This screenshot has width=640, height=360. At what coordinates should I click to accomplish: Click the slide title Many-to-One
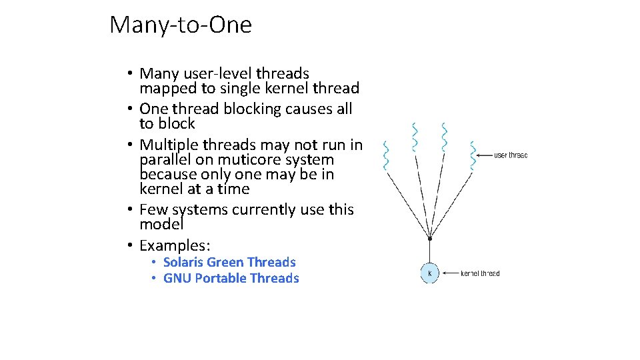pyautogui.click(x=181, y=25)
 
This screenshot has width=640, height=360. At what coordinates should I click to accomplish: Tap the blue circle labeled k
pyautogui.click(x=430, y=273)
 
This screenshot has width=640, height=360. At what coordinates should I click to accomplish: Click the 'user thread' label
pyautogui.click(x=511, y=155)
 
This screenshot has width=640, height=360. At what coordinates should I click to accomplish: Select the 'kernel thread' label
pyautogui.click(x=480, y=273)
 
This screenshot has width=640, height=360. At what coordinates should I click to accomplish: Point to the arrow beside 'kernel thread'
pyautogui.click(x=451, y=273)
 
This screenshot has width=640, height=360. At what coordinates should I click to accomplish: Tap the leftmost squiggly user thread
pyautogui.click(x=385, y=155)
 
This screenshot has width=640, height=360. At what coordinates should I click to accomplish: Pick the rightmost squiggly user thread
pyautogui.click(x=473, y=155)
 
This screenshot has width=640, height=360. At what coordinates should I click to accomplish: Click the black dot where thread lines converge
pyautogui.click(x=430, y=238)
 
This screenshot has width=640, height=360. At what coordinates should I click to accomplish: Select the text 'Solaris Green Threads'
pyautogui.click(x=229, y=262)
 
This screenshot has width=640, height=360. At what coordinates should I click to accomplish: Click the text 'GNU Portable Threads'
pyautogui.click(x=231, y=278)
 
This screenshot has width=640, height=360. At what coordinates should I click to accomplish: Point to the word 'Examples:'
pyautogui.click(x=175, y=245)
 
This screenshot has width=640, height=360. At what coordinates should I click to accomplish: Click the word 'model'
pyautogui.click(x=161, y=225)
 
